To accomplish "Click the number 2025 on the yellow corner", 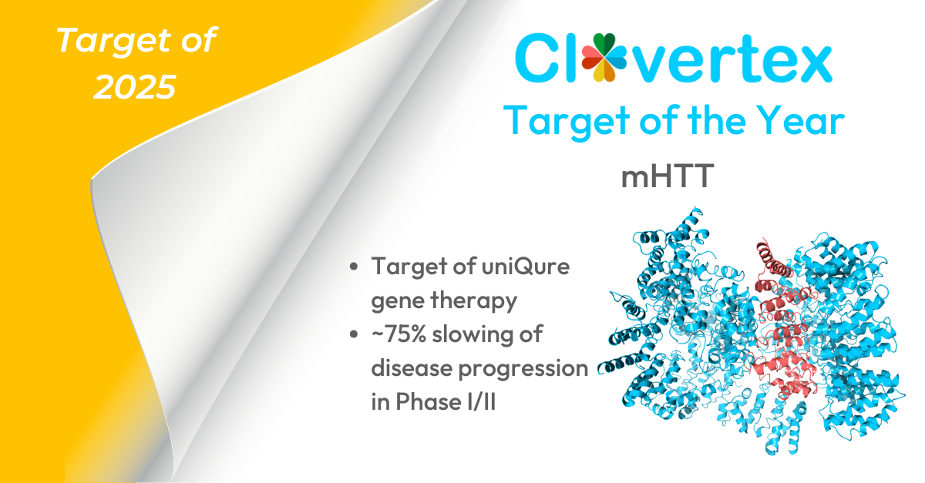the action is point(135,87).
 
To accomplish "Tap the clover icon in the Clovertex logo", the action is point(604,57).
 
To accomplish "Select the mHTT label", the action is point(668,176).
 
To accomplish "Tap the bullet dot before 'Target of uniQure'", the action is point(354,267).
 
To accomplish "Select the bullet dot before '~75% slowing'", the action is point(354,334).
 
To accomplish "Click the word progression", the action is point(523,369).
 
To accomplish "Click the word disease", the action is point(412,367).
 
